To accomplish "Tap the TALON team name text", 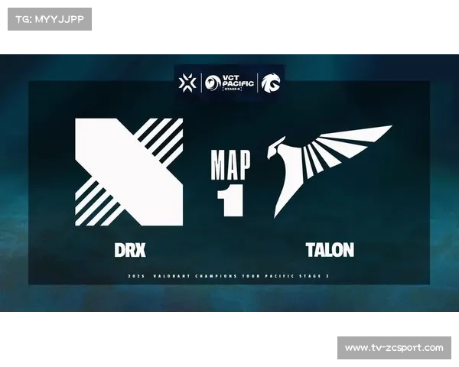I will point(330,250).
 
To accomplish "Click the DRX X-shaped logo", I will point(129,172).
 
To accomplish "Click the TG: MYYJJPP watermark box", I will point(49,18).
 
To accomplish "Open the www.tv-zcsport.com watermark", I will point(394,348).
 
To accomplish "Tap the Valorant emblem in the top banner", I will point(187,82).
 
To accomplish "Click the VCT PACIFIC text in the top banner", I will point(233,81).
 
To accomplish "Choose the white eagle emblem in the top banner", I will point(269,82).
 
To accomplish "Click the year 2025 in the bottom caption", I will point(136,276).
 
